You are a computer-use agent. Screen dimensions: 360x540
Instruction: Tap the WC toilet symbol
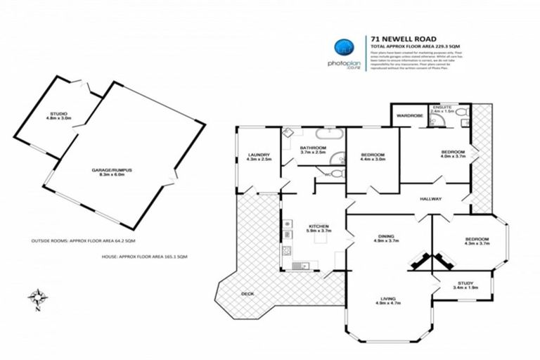(336, 173)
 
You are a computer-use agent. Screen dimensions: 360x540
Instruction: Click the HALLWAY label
(430, 199)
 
